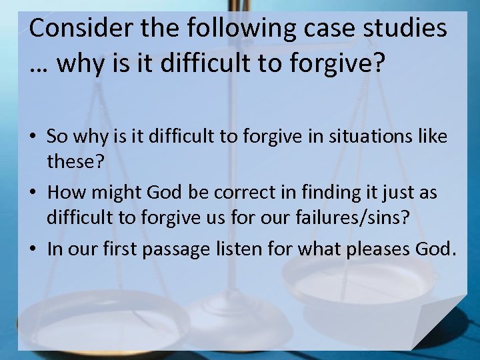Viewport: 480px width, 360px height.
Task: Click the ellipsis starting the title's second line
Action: point(40,65)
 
